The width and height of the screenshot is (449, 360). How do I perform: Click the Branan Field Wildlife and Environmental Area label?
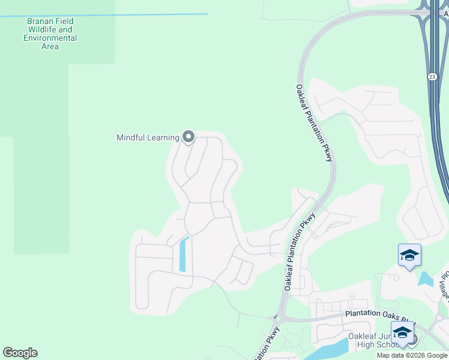50,33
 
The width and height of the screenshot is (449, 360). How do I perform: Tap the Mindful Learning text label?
148,137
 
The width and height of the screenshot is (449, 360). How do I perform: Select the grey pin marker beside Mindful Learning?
188,137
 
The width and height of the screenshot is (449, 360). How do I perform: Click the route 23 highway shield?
432,77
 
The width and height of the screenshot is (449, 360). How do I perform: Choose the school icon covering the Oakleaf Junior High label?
402,333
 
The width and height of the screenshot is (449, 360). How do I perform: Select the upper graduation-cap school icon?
409,255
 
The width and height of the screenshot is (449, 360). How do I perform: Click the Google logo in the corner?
20,353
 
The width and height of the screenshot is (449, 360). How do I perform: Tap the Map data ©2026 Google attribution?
412,355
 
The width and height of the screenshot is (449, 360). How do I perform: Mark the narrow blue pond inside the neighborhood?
183,254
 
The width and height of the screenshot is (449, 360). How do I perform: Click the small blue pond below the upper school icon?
426,278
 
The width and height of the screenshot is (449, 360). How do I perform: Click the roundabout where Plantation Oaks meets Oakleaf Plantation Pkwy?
277,316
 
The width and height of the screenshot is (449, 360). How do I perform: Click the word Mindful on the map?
131,137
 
